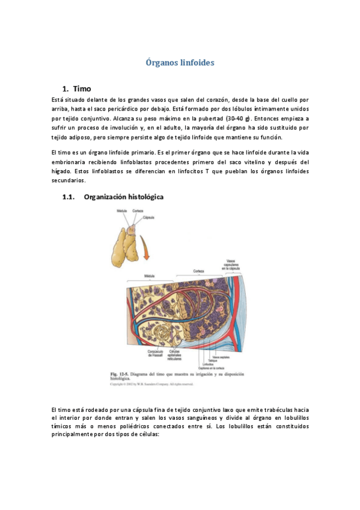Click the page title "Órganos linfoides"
(180, 62)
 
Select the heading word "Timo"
(82, 88)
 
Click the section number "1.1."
(70, 197)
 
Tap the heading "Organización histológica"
(123, 197)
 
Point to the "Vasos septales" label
(220, 357)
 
